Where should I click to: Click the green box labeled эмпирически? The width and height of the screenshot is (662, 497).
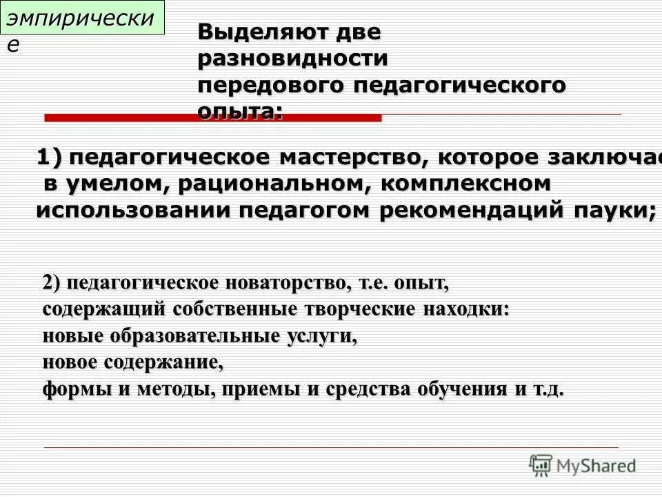pos(83,19)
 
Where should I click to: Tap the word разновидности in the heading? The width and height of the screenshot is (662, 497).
pos(292,59)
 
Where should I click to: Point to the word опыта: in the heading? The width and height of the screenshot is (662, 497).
pos(240,111)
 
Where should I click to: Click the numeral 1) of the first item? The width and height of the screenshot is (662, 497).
pos(49,158)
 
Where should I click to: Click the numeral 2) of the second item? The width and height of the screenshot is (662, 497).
pos(52,283)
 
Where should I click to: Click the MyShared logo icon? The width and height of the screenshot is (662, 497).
pos(541,465)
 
